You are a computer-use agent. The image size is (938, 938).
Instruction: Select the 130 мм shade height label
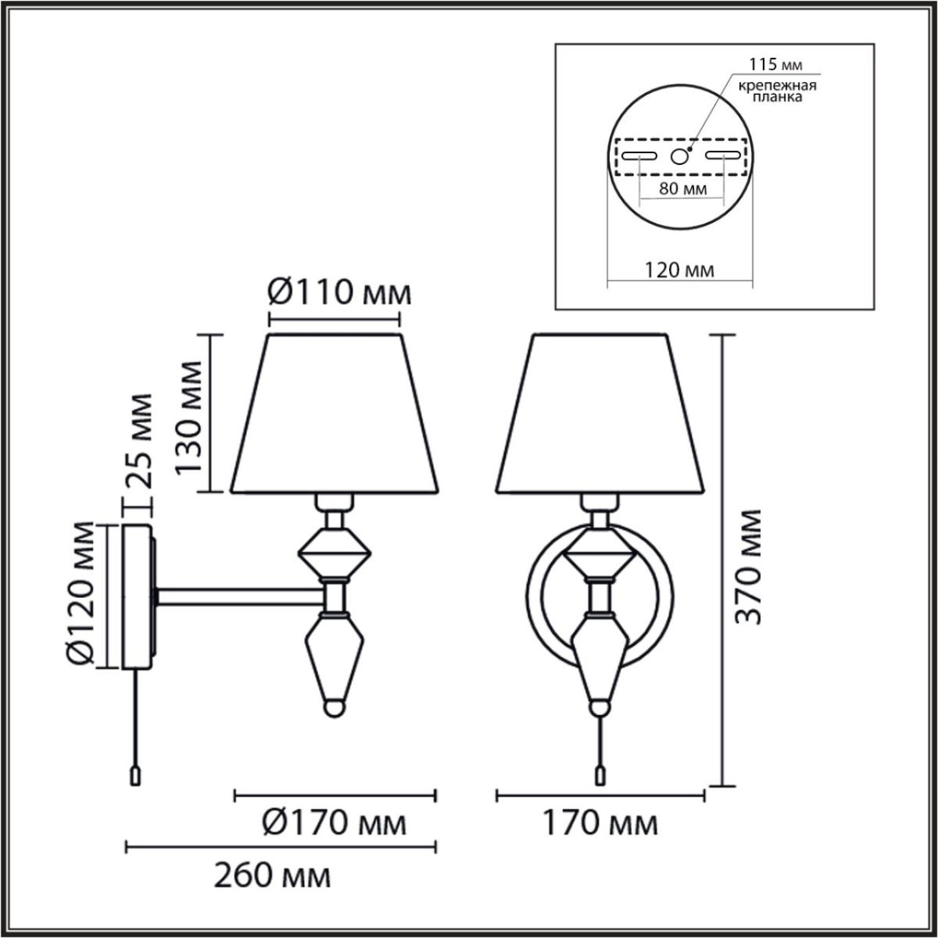191,414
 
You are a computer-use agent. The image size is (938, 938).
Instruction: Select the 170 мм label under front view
601,823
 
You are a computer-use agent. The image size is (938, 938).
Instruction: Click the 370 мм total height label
749,566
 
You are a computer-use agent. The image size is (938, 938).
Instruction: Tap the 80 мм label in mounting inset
680,189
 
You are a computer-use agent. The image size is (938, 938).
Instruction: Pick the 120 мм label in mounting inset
680,270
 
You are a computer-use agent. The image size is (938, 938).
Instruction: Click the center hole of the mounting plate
680,156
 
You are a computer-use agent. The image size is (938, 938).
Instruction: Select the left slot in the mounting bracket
640,156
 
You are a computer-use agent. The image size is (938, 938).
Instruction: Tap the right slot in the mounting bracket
721,156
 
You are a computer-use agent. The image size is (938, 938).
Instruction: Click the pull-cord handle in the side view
134,775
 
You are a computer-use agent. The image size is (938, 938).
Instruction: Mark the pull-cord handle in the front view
600,775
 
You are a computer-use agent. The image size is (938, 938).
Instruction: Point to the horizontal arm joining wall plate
242,596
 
